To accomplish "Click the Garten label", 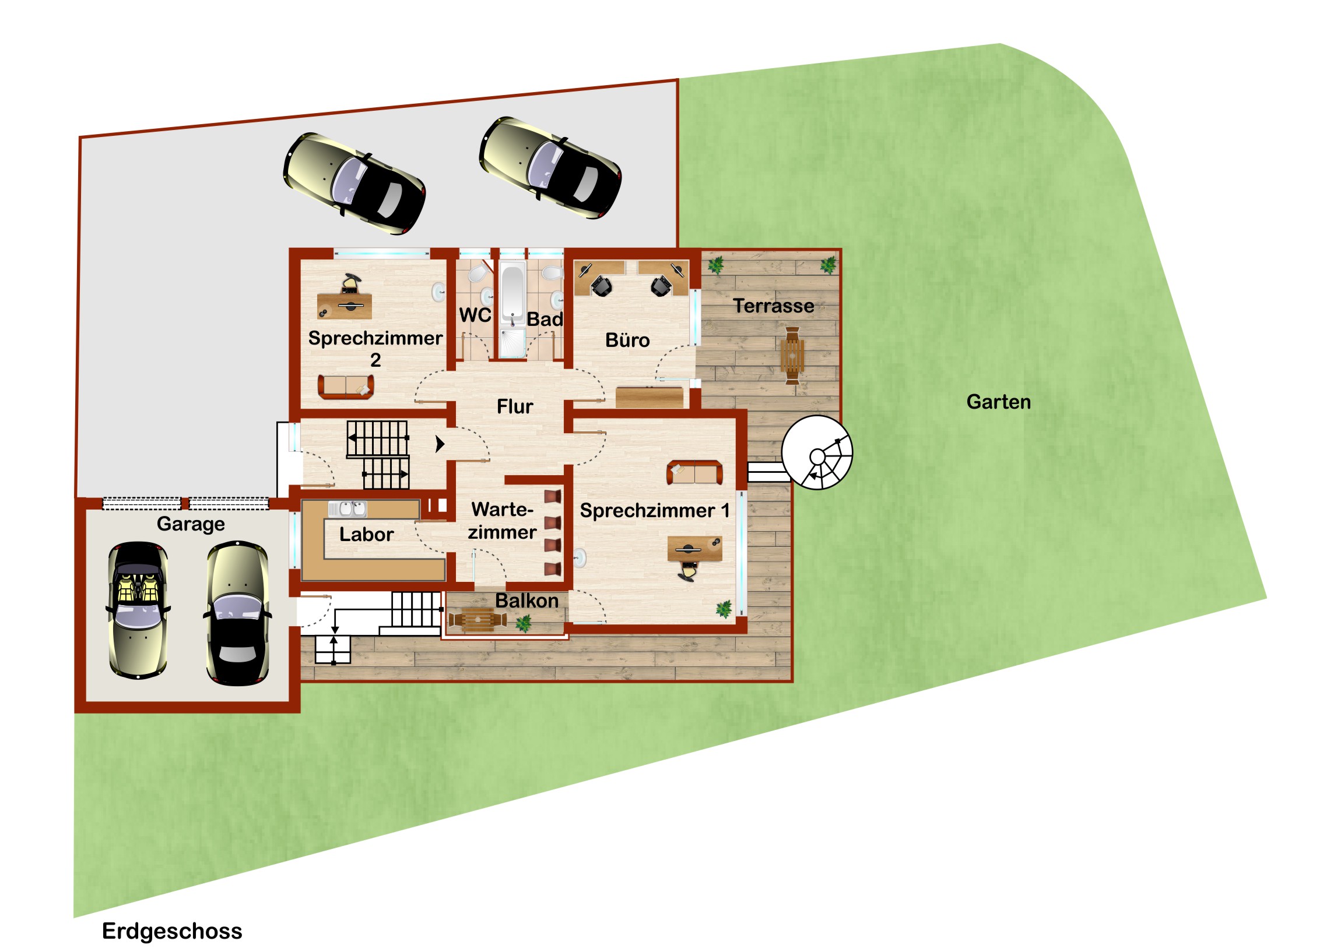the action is (998, 402).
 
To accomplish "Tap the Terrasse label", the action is (774, 306).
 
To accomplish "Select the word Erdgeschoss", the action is (172, 931).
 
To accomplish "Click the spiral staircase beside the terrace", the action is (817, 452).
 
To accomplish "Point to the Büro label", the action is (627, 340).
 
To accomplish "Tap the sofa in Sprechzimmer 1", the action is (694, 472).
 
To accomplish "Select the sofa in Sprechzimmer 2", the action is (346, 387).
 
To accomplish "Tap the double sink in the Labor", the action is (347, 509).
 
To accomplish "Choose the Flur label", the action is (515, 406).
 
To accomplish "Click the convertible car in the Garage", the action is (138, 610).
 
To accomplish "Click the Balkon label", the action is (527, 601).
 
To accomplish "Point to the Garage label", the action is (191, 524).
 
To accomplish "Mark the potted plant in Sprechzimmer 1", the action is (724, 609).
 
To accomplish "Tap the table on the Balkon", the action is (478, 620).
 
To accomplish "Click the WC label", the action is (475, 315).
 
